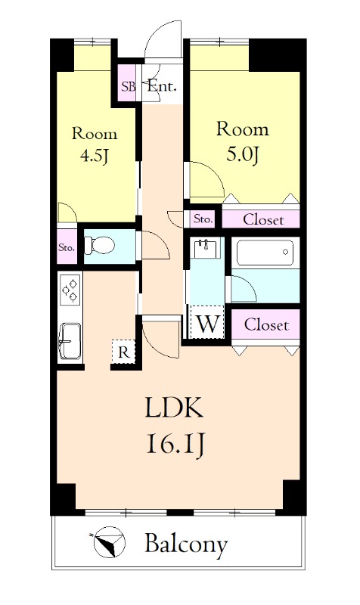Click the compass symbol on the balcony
point(109,541)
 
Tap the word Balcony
point(186,544)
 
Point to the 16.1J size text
point(175,445)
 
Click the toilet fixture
point(99,245)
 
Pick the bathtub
point(265,253)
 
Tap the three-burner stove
point(70,289)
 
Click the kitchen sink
point(70,341)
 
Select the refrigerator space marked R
point(123,352)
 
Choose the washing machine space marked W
point(207,324)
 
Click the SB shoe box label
point(129,86)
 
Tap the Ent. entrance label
point(162,86)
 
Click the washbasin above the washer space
point(205,248)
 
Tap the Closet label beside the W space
point(266,325)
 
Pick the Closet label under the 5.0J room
point(263,219)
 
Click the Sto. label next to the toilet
point(67,247)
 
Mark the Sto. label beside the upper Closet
point(203,219)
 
